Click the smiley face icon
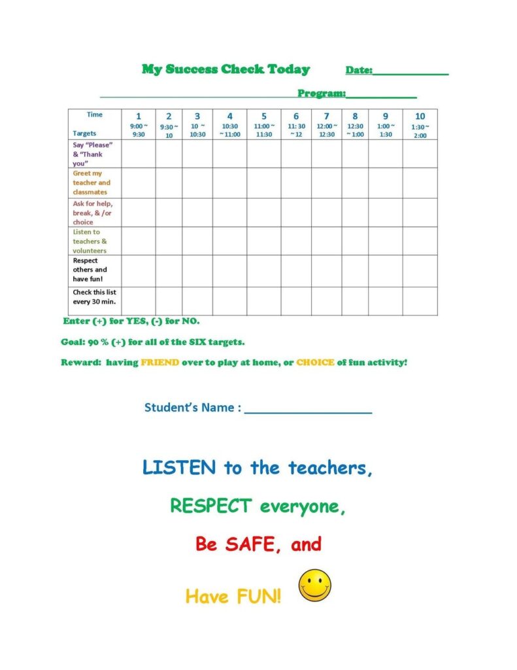[x=315, y=585]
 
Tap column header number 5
[x=264, y=116]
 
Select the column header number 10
[x=420, y=116]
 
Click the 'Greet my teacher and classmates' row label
[x=92, y=183]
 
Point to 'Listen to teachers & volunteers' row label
[x=90, y=241]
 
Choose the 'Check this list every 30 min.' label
[x=94, y=297]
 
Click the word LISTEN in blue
[x=178, y=468]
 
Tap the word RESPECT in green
[x=210, y=506]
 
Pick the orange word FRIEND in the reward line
[x=159, y=362]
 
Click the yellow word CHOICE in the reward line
[x=315, y=362]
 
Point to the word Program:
[x=322, y=94]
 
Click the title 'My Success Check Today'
[x=225, y=69]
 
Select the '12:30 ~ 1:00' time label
[x=355, y=130]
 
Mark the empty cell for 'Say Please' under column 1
[x=139, y=154]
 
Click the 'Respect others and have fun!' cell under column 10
[x=420, y=270]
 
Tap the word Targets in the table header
[x=84, y=133]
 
